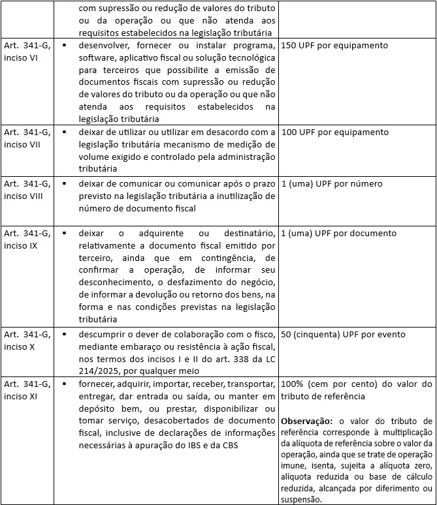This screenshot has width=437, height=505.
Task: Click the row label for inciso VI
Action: (27, 52)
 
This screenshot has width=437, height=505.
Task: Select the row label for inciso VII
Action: (27, 138)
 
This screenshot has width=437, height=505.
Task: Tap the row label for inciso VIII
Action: (27, 190)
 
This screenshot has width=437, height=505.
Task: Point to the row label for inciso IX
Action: (27, 239)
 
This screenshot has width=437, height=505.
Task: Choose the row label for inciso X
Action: (27, 341)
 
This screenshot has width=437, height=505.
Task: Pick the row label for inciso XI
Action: (27, 390)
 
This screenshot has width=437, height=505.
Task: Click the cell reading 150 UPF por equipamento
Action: (334, 46)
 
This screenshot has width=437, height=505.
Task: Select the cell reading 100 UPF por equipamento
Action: (334, 132)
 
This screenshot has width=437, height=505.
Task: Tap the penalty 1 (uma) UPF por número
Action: (331, 184)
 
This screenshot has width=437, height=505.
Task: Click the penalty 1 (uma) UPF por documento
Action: (338, 234)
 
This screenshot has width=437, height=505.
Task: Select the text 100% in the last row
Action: (291, 384)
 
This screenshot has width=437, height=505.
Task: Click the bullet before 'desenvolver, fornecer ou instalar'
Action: (65, 46)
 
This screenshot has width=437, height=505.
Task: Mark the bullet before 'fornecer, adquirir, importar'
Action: (65, 384)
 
